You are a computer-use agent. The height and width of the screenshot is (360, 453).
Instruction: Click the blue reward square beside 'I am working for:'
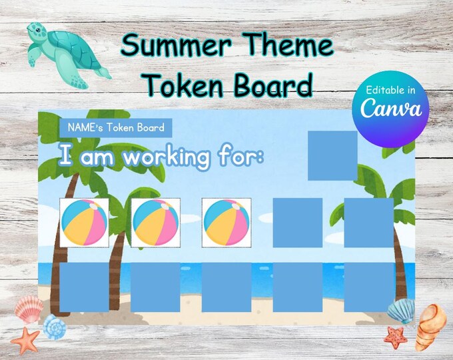332,155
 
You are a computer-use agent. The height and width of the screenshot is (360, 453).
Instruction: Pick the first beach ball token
84,223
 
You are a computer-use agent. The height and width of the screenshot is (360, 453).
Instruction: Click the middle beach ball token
155,223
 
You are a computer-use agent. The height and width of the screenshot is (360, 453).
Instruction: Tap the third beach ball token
226,223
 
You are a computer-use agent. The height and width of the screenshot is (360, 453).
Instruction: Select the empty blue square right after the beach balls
297,223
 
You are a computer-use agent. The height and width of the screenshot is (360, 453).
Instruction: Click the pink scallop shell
29,309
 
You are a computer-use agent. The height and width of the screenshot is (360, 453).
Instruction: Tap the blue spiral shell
55,327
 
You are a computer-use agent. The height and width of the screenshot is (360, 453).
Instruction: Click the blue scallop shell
400,311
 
